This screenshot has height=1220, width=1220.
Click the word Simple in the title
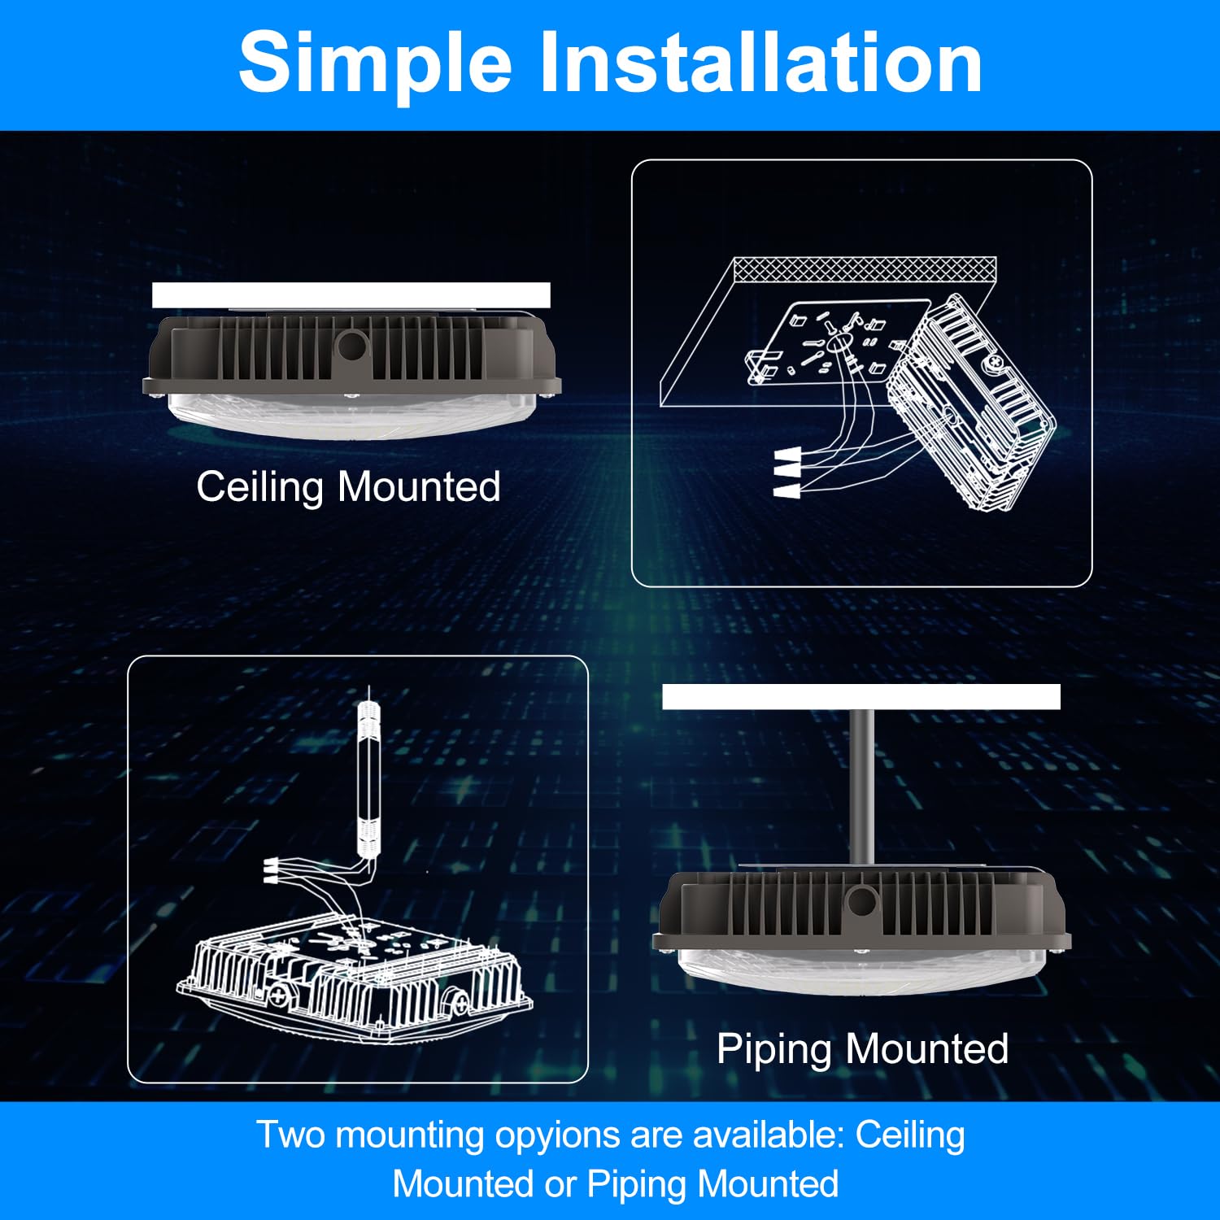pyautogui.click(x=375, y=63)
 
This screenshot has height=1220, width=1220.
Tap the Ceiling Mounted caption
pyautogui.click(x=348, y=487)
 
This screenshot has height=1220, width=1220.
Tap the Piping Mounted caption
pyautogui.click(x=862, y=1048)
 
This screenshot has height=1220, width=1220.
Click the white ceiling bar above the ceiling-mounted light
pyautogui.click(x=351, y=295)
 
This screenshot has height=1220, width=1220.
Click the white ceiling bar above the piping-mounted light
pyautogui.click(x=861, y=697)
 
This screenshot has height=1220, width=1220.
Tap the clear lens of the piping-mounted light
pyautogui.click(x=862, y=972)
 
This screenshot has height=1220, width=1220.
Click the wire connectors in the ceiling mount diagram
pyautogui.click(x=786, y=473)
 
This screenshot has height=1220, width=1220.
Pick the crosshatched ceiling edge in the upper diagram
pyautogui.click(x=864, y=269)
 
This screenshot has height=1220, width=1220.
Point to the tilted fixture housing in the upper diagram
pyautogui.click(x=972, y=407)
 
